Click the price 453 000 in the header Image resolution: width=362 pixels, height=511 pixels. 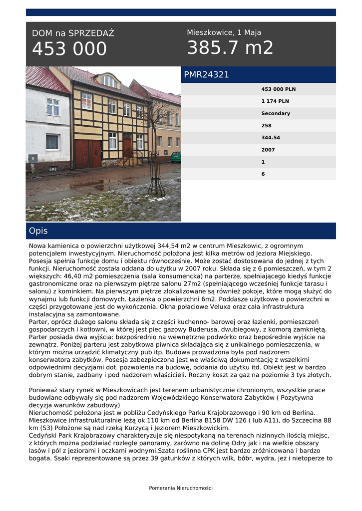69,49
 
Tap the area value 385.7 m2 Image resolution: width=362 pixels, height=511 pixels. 230,48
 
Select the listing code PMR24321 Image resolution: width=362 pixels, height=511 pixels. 206,75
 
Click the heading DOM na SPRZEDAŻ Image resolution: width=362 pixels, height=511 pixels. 73,33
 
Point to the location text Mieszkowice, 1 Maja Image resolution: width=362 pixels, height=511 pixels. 224,32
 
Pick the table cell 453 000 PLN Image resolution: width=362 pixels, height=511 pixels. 278,89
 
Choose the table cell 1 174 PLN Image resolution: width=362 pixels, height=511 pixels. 275,101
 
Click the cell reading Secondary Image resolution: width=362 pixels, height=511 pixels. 275,113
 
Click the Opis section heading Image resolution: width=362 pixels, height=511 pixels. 38,231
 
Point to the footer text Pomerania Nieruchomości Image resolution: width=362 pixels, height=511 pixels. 181,488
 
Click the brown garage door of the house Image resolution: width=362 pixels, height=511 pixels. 88,154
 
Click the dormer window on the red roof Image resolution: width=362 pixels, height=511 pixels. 109,81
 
